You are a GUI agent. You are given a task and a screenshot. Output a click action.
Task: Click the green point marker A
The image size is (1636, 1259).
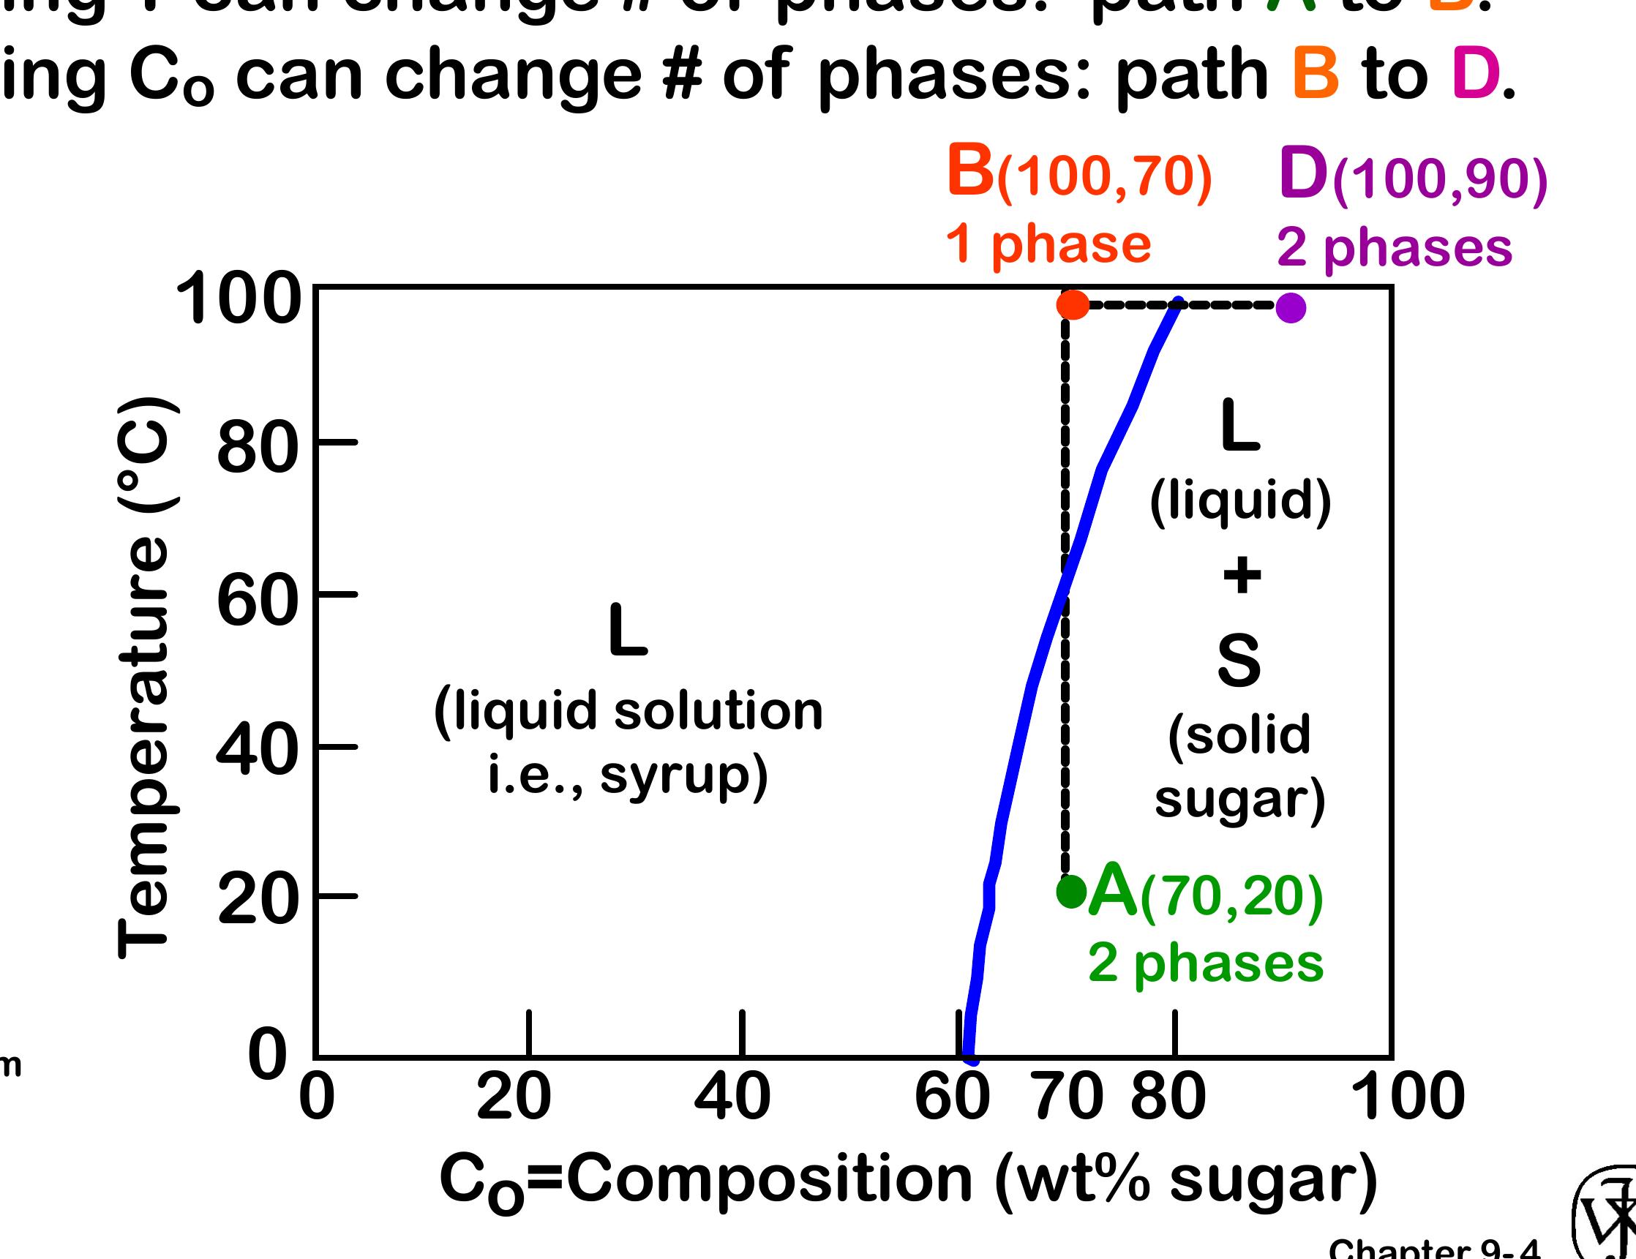tap(1071, 891)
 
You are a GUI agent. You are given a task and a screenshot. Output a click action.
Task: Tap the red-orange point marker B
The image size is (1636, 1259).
tap(1073, 305)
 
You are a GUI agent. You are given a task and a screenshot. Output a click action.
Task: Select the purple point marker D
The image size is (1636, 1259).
tap(1291, 308)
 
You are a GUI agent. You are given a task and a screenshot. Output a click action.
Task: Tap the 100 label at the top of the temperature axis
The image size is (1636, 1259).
tap(239, 300)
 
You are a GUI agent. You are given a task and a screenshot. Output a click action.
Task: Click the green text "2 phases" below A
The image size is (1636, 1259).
tap(1206, 963)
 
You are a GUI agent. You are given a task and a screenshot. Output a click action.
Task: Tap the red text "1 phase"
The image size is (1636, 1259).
tap(1048, 244)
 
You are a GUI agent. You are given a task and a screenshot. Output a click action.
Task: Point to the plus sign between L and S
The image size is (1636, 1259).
tap(1242, 576)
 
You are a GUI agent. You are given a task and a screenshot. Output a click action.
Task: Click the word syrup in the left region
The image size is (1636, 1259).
tap(683, 776)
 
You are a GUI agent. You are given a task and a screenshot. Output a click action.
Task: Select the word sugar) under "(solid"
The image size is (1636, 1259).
tap(1239, 800)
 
